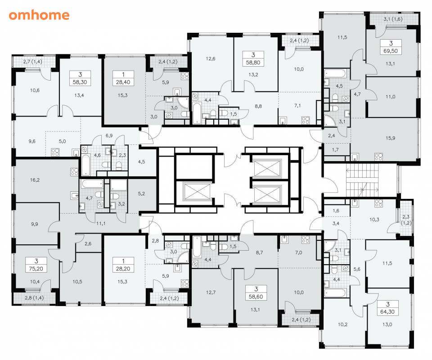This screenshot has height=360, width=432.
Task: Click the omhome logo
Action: (39, 15)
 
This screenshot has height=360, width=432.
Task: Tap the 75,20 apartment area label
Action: (36, 269)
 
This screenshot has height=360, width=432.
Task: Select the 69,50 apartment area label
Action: (391, 51)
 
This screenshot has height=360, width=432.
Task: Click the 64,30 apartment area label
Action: (387, 312)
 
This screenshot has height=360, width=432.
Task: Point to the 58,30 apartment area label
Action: (80, 82)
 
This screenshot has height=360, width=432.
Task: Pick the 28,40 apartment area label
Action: (123, 82)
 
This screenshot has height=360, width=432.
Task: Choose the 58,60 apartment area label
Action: (256, 297)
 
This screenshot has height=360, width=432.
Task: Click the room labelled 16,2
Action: (35, 180)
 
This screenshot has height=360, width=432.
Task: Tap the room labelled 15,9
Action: (390, 138)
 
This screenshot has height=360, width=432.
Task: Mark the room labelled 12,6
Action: (211, 58)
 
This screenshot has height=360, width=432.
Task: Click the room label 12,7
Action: (211, 292)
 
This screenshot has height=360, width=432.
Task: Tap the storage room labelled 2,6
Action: (88, 243)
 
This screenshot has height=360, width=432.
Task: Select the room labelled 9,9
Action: (35, 224)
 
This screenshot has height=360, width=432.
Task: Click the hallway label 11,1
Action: (100, 224)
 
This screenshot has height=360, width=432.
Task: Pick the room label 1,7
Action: (335, 149)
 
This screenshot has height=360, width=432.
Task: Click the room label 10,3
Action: (374, 220)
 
